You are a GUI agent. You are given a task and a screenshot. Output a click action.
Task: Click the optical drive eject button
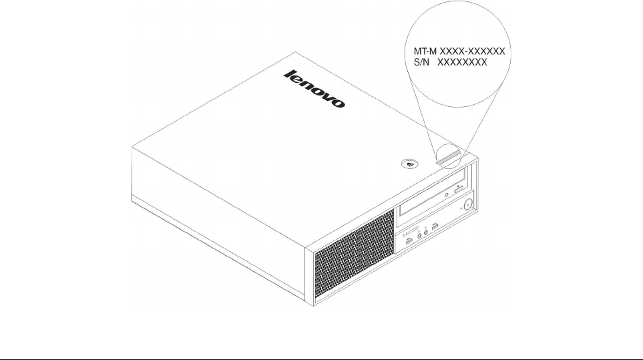point(459,191)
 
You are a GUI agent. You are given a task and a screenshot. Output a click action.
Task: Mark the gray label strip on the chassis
point(448,157)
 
